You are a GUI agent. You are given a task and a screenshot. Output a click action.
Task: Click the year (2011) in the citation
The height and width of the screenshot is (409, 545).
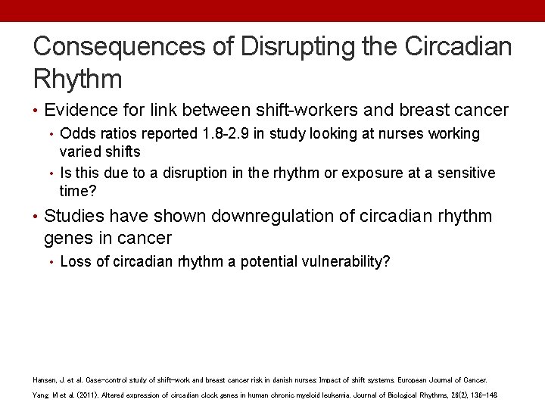click(89, 395)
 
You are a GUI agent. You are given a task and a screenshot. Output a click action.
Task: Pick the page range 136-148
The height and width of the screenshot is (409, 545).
click(483, 395)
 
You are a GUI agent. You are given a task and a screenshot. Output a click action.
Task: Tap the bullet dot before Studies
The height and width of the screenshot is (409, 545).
click(36, 217)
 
